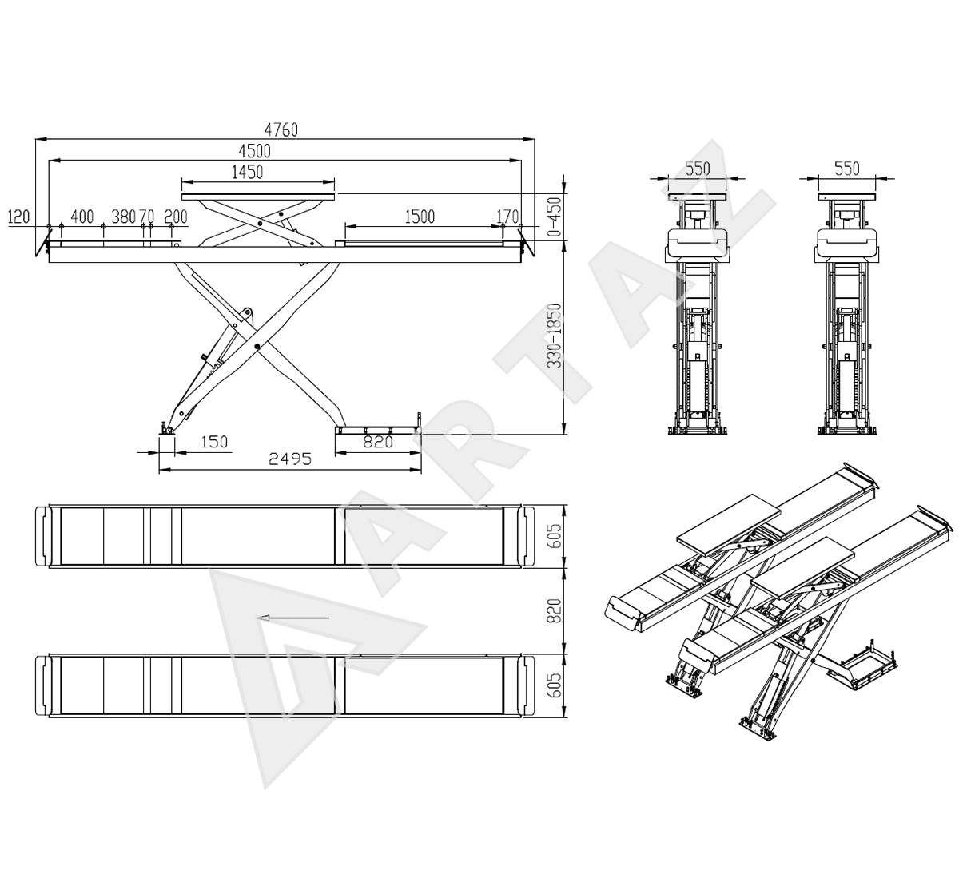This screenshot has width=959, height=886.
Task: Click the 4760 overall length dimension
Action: point(281,129)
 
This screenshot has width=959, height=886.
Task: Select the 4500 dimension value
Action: point(254,151)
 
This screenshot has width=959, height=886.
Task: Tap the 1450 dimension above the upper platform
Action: point(247,172)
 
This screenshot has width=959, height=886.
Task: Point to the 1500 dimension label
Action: point(420,217)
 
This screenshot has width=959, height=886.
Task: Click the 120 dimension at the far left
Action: point(19,217)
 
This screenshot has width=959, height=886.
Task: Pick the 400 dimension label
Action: point(82,217)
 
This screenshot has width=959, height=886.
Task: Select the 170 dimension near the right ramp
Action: point(507,217)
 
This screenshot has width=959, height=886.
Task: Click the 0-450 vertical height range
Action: point(555,217)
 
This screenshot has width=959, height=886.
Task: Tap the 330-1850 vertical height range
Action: point(555,336)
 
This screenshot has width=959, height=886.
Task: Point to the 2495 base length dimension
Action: point(290,459)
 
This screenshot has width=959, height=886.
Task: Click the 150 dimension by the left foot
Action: point(214,442)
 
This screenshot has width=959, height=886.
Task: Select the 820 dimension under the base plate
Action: point(378,442)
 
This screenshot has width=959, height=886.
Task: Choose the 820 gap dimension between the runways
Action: point(555,611)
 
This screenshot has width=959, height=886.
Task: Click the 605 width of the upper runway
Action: point(555,536)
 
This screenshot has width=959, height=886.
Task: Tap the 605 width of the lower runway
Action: point(555,685)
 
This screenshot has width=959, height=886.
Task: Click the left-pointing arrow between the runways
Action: point(292,618)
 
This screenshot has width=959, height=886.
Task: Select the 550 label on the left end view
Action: point(698,169)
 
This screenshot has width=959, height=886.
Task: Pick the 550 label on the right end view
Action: point(847,169)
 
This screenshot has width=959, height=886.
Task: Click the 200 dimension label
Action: point(176,217)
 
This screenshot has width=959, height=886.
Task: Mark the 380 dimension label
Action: point(123,217)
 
